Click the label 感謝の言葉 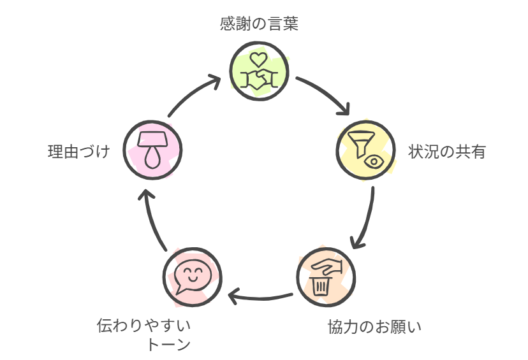258,24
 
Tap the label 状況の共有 447,152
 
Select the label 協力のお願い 374,328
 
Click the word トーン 168,345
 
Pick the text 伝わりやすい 144,326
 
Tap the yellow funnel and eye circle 365,149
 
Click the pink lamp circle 152,150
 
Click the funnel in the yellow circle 358,141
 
